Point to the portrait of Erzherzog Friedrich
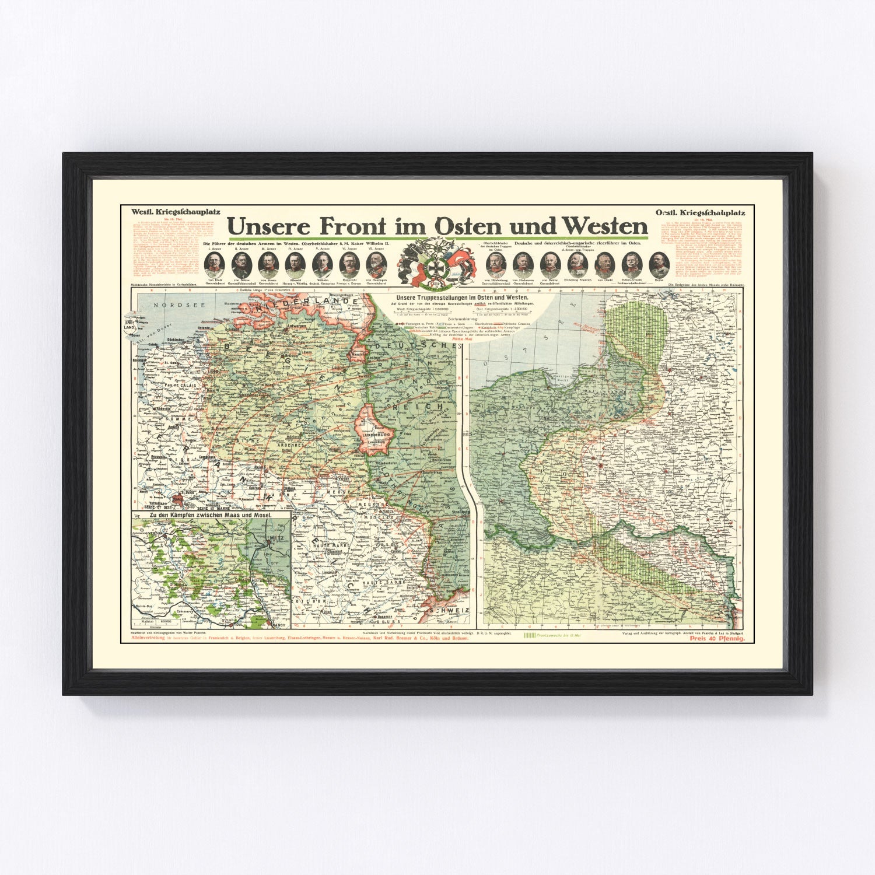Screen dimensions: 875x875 tap(577, 265)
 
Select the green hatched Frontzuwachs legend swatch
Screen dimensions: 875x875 tap(529, 634)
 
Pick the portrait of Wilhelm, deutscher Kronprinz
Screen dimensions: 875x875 tap(321, 265)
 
